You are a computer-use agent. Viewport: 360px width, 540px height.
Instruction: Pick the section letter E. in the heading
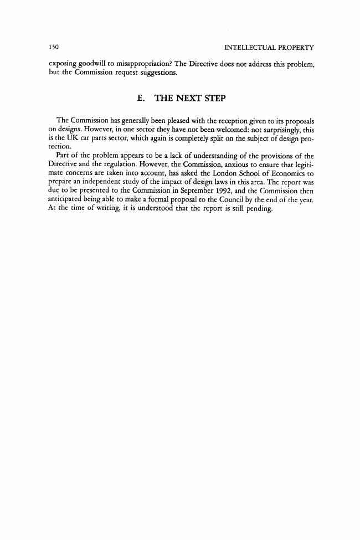tap(141, 98)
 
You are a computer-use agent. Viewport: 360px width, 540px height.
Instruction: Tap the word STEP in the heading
tap(216, 98)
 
